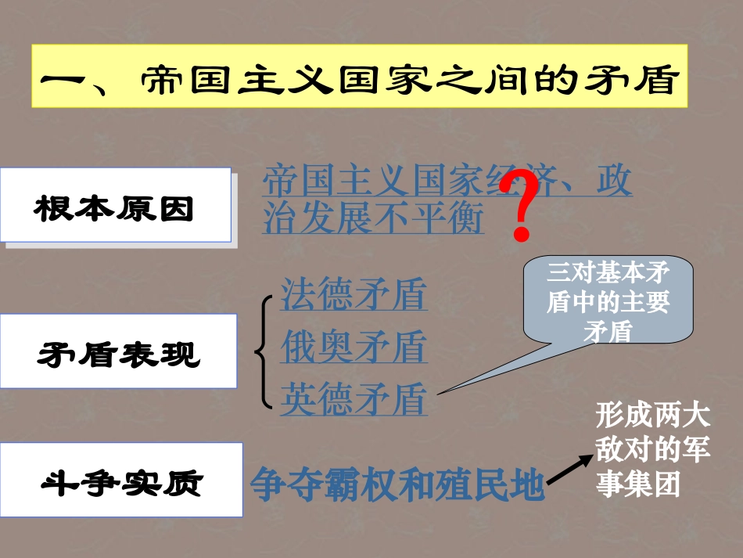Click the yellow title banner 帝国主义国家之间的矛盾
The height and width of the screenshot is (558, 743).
pos(359,77)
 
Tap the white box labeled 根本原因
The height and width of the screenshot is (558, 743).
pos(115,205)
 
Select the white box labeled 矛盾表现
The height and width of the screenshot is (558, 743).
pos(118,351)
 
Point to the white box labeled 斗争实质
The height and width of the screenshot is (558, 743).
pos(121,480)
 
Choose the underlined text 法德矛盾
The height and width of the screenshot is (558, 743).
pos(354,295)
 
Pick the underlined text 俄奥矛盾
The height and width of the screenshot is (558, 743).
pos(354,347)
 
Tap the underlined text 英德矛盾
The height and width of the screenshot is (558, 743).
pos(354,398)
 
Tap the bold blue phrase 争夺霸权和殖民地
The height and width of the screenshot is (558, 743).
pos(397,485)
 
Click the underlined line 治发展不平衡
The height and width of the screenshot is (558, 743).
pos(374,218)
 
